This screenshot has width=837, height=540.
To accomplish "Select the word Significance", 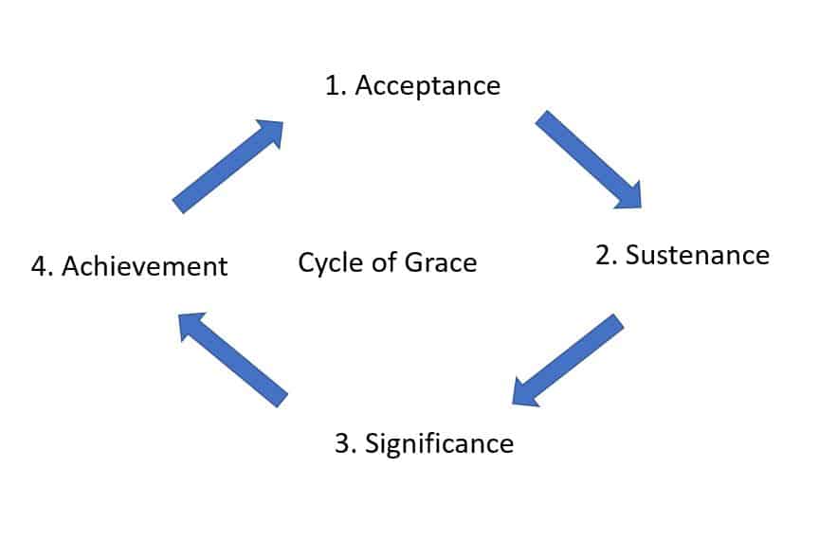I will pyautogui.click(x=439, y=442).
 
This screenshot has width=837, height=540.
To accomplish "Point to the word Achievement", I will pyautogui.click(x=145, y=266).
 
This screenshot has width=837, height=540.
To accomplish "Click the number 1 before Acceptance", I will pyautogui.click(x=333, y=85).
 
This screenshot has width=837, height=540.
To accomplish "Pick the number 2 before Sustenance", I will pyautogui.click(x=602, y=255).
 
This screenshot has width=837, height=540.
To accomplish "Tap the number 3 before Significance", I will pyautogui.click(x=342, y=442).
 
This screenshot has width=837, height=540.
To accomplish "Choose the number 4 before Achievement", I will pyautogui.click(x=38, y=266).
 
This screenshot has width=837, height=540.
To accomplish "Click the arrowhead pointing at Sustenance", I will pyautogui.click(x=627, y=193).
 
